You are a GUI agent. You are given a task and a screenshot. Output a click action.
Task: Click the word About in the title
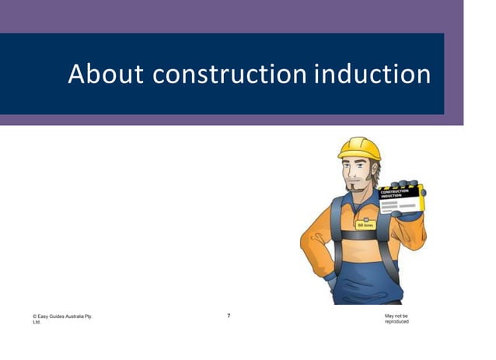pyautogui.click(x=106, y=74)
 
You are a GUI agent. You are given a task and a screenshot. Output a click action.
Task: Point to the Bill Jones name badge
pyautogui.click(x=365, y=225)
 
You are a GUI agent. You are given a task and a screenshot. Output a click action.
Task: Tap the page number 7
pyautogui.click(x=229, y=316)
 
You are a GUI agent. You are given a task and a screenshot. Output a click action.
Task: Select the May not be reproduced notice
pyautogui.click(x=396, y=319)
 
